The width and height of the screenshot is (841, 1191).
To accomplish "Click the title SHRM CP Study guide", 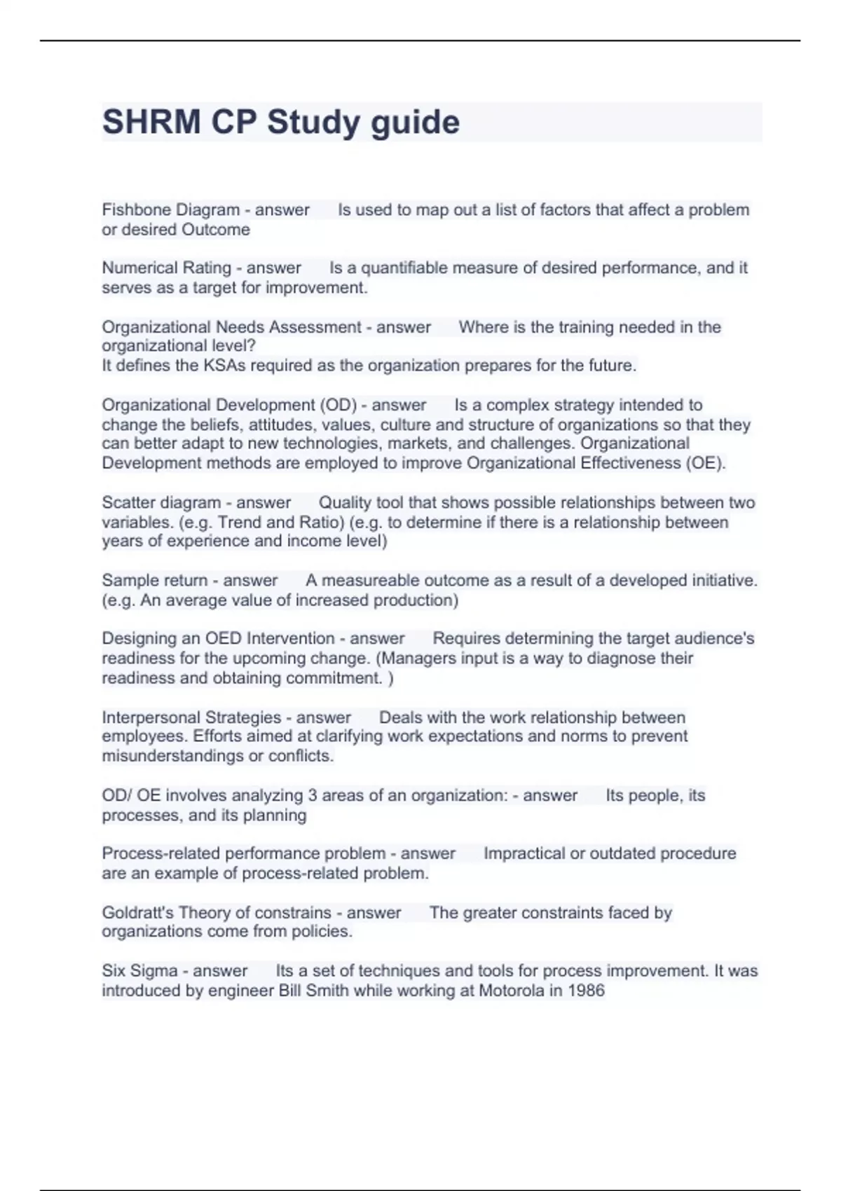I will pyautogui.click(x=281, y=123).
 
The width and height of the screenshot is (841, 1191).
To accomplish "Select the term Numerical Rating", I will pyautogui.click(x=166, y=268).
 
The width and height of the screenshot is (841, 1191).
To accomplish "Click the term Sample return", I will pyautogui.click(x=154, y=580).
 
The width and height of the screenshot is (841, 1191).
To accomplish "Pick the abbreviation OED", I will pyautogui.click(x=223, y=638).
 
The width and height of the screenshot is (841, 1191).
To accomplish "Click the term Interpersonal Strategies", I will pyautogui.click(x=191, y=717).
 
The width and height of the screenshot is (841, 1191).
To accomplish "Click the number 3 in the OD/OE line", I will pyautogui.click(x=313, y=795).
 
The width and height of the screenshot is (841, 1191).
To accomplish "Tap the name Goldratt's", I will pyautogui.click(x=137, y=913).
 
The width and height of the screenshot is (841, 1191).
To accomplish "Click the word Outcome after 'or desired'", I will pyautogui.click(x=215, y=229).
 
